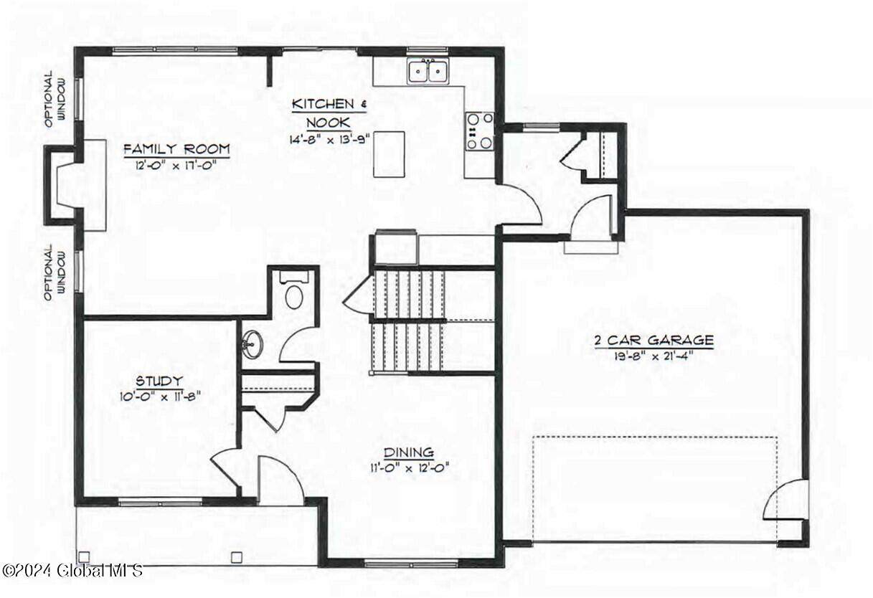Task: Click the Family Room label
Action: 177,149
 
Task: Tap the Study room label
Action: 159,380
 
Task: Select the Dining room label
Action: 409,452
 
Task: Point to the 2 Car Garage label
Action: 654,340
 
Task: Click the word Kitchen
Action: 323,104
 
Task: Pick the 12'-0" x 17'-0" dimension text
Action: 176,166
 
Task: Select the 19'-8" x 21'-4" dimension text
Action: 654,356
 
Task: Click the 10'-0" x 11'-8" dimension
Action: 161,397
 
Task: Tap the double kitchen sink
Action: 428,70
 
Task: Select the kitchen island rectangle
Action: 389,154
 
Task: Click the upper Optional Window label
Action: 55,99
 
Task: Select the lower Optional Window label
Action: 55,272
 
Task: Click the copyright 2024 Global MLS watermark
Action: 72,571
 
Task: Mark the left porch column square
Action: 84,557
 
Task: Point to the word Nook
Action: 329,123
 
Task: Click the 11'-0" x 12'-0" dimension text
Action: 410,467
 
